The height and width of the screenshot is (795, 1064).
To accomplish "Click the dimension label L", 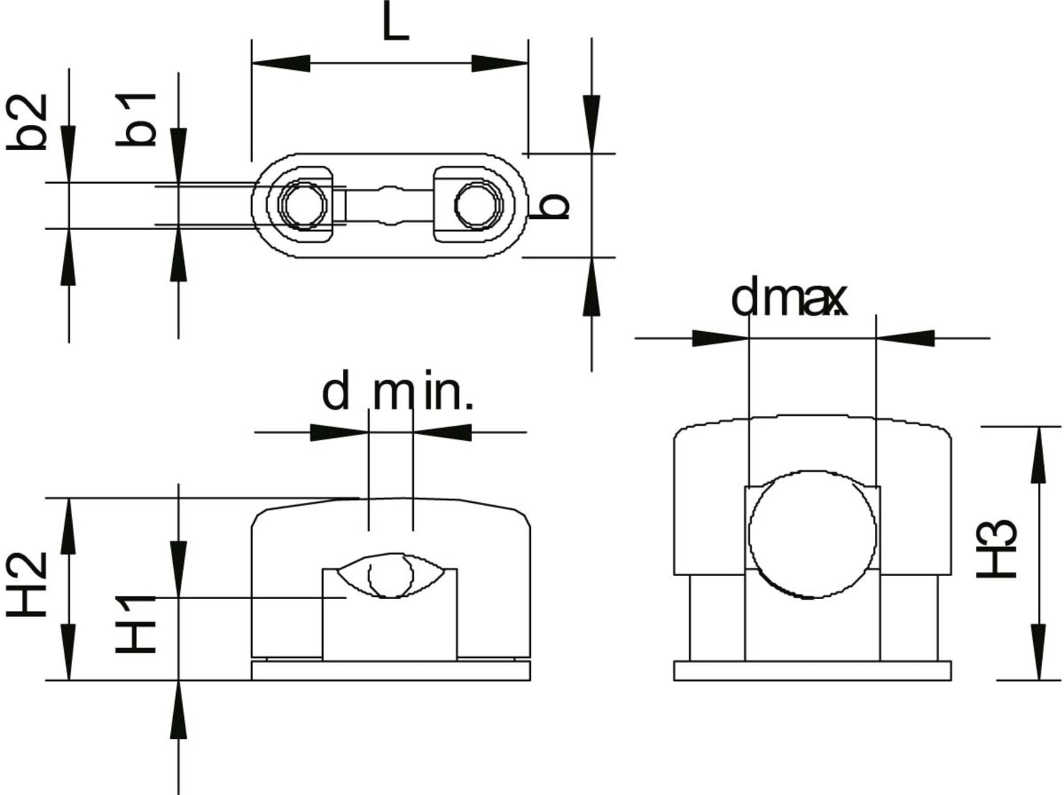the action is (x=395, y=21).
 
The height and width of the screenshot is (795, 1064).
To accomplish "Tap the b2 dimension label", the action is (x=27, y=121).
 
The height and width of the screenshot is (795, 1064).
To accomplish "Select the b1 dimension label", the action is (x=137, y=119).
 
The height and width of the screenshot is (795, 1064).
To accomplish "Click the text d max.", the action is (x=789, y=299).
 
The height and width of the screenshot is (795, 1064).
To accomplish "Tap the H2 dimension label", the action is (x=27, y=584).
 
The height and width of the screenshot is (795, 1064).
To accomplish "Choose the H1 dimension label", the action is (x=137, y=624).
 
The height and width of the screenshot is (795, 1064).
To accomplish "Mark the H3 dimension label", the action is (x=997, y=548).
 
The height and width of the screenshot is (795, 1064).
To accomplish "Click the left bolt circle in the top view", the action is (x=303, y=205).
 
